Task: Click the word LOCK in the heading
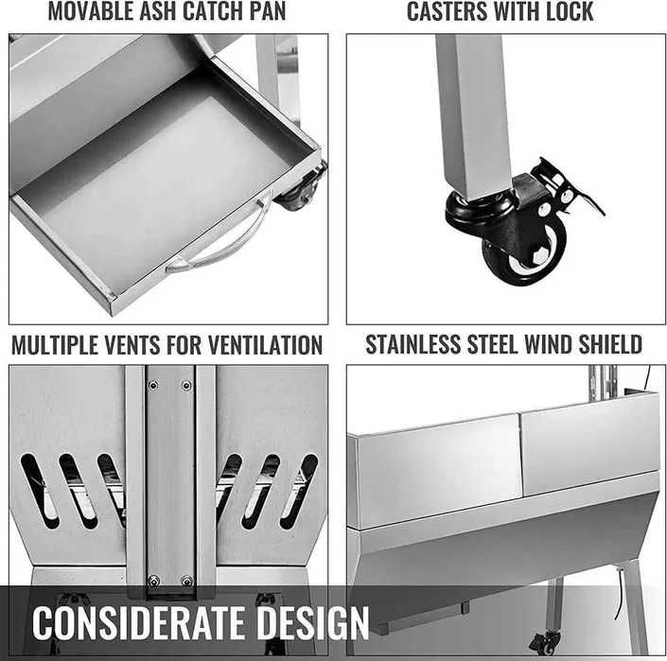click(x=570, y=11)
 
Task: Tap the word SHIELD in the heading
click(x=610, y=344)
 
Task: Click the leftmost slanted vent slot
click(x=40, y=491)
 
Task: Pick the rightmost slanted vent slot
click(x=299, y=491)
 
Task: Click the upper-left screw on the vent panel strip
click(x=153, y=386)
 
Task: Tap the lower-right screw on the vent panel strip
click(x=187, y=581)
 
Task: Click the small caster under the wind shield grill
click(x=545, y=642)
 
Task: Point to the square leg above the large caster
click(x=473, y=115)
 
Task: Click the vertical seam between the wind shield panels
click(x=519, y=455)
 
